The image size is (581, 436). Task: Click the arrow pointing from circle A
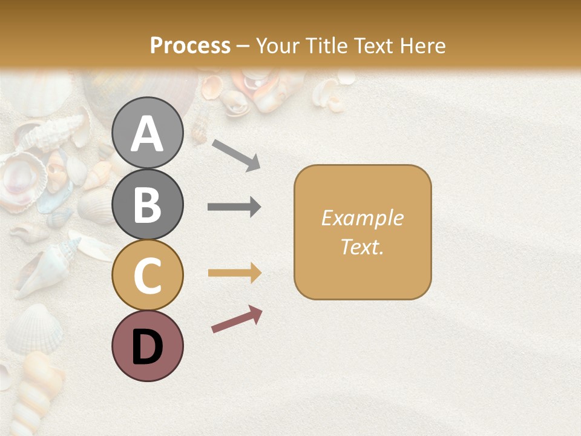(236, 154)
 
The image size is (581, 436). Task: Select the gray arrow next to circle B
(234, 207)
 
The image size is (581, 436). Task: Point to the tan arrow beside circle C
(234, 273)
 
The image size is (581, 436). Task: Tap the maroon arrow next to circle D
(237, 319)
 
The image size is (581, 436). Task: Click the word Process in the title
(190, 45)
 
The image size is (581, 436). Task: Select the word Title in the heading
(327, 45)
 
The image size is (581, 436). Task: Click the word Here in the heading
(422, 45)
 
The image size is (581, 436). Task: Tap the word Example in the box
(363, 218)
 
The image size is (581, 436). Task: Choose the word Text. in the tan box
(363, 246)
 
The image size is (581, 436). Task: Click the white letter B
(148, 205)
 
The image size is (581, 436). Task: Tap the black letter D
(148, 347)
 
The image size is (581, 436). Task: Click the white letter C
(148, 276)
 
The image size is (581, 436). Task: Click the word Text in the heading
(375, 45)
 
